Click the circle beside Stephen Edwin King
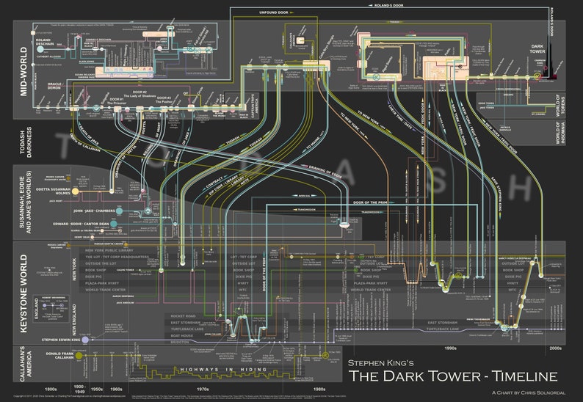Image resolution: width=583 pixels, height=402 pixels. pyautogui.click(x=86, y=340)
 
